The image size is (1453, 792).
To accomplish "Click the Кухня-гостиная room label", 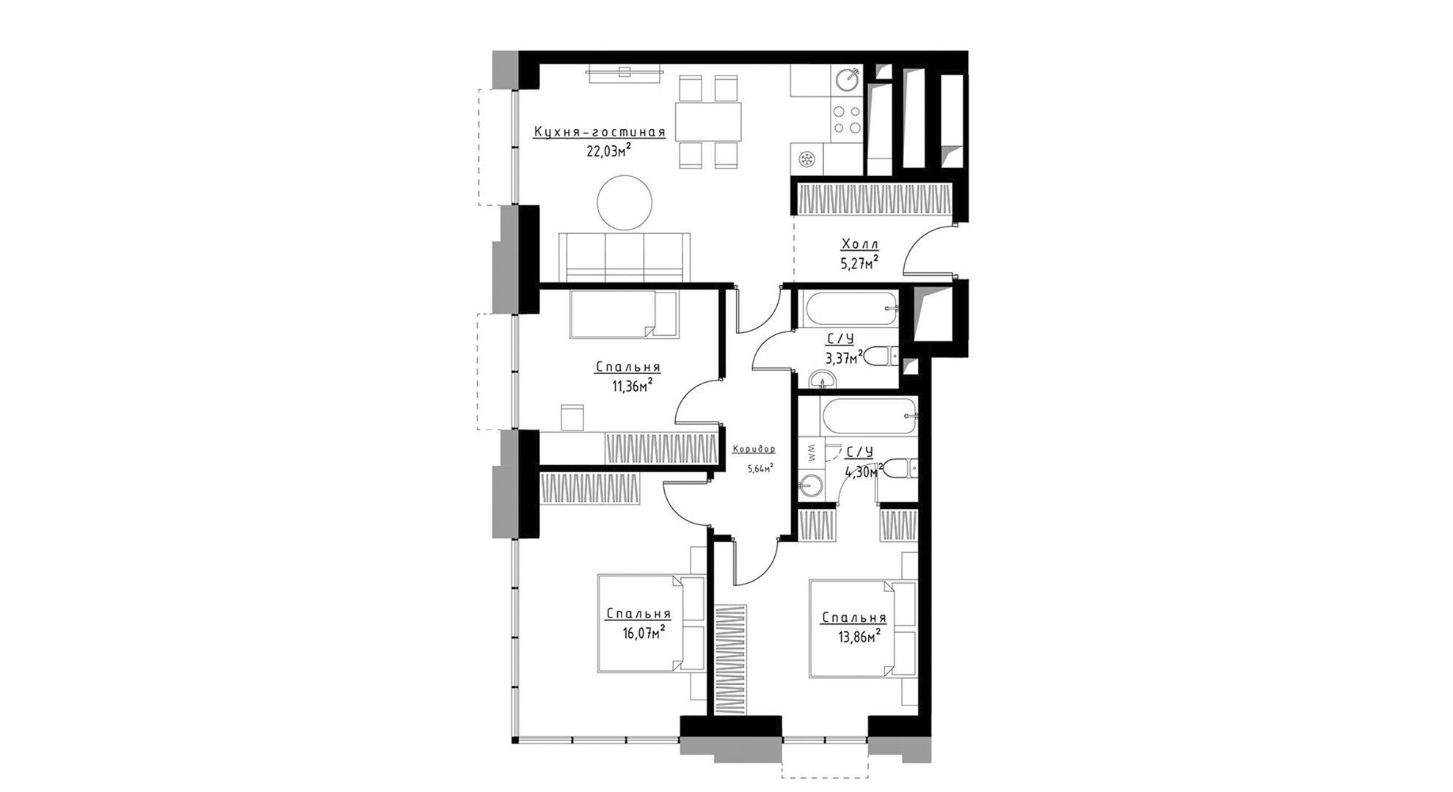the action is click(x=600, y=133).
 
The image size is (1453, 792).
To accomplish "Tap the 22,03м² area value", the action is click(x=608, y=151).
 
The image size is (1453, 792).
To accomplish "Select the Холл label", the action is click(x=859, y=244).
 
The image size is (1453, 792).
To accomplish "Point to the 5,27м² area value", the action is click(x=859, y=263).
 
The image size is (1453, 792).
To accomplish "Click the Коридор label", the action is click(x=754, y=449).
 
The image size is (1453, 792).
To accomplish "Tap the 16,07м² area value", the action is click(x=644, y=632).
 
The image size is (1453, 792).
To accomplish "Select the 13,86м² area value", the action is click(x=859, y=637).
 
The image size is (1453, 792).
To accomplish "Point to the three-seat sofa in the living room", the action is click(x=624, y=257).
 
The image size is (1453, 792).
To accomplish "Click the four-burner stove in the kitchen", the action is click(x=848, y=120).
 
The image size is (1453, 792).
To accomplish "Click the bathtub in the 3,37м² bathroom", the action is click(x=850, y=309).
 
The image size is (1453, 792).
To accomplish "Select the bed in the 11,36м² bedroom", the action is click(x=624, y=314).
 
